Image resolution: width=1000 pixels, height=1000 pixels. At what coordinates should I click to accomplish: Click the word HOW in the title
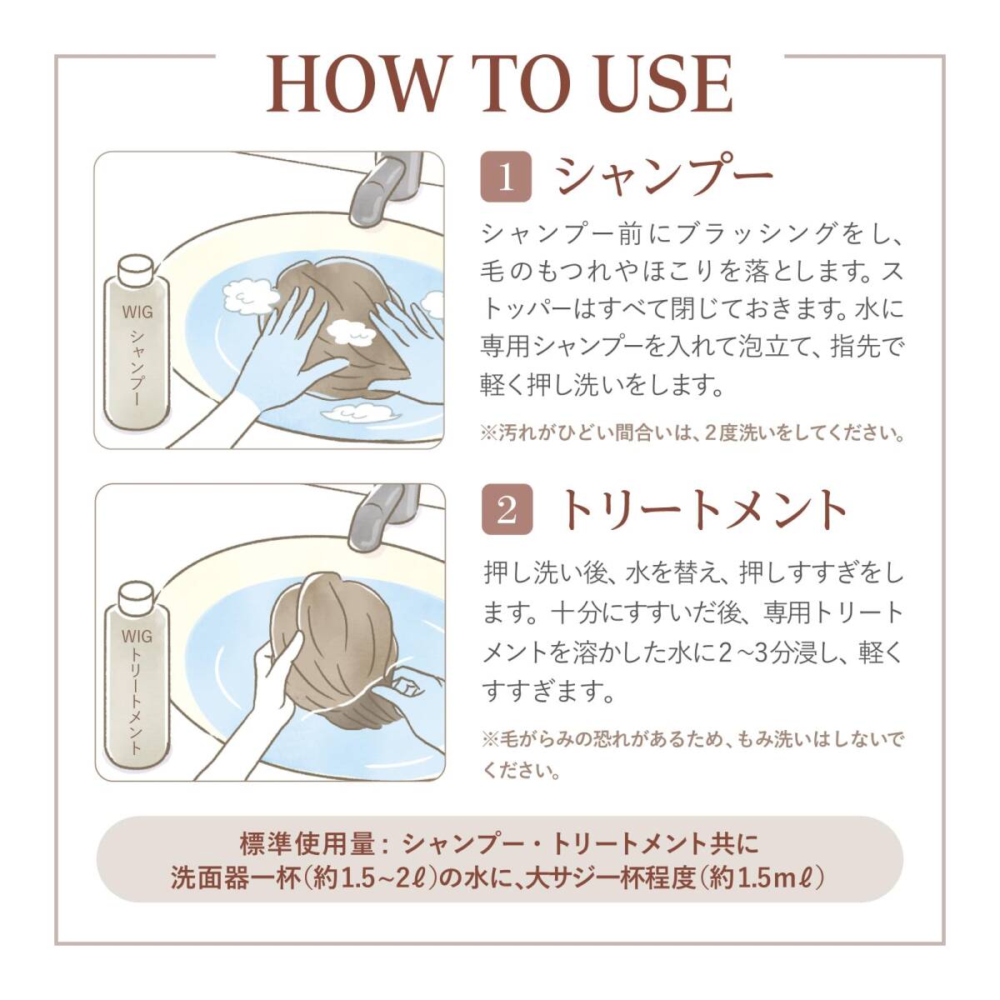pyautogui.click(x=356, y=85)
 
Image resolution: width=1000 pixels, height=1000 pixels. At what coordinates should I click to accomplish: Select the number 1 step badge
pyautogui.click(x=506, y=177)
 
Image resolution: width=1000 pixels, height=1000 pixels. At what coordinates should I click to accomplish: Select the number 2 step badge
pyautogui.click(x=507, y=509)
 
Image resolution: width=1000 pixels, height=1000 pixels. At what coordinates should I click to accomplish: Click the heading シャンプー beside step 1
pyautogui.click(x=663, y=177)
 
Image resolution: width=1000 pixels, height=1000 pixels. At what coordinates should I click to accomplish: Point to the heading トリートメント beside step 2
pyautogui.click(x=703, y=510)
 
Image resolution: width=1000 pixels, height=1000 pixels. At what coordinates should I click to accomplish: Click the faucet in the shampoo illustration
pyautogui.click(x=386, y=187)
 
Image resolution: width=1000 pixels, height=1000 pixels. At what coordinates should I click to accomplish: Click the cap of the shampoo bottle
pyautogui.click(x=136, y=267)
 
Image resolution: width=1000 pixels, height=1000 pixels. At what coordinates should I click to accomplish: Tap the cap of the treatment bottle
pyautogui.click(x=137, y=597)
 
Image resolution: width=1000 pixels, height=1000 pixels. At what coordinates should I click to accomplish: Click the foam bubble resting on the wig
pyautogui.click(x=352, y=333)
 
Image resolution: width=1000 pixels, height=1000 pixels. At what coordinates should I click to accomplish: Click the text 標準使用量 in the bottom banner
pyautogui.click(x=307, y=844)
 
